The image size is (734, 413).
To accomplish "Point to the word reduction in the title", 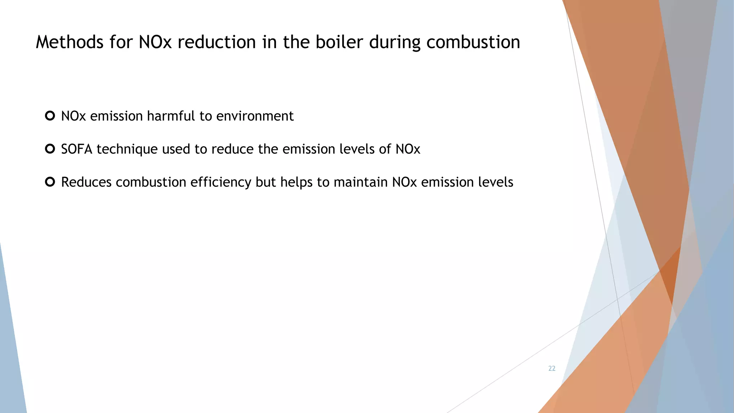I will pos(216,42).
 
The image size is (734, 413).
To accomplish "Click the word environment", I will pos(255,116).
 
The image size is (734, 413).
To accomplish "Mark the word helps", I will pos(296,182).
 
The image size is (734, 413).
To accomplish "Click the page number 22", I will pos(552,369).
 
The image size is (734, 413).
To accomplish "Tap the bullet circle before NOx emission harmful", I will pos(50,116).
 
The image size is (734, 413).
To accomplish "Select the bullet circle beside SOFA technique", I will pos(50,149).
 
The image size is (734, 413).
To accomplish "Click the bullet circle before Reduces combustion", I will pos(50,182).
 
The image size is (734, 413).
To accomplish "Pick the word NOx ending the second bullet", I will pos(408,149).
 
